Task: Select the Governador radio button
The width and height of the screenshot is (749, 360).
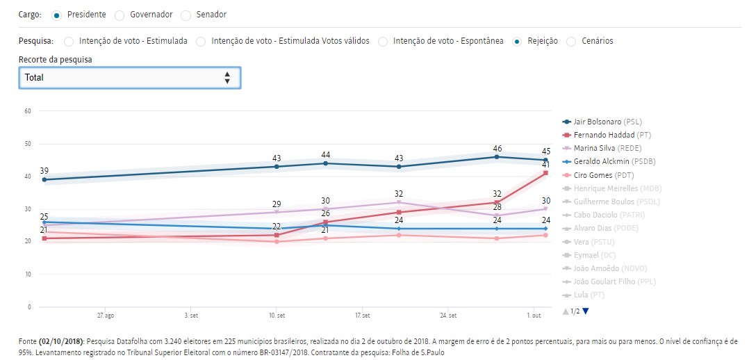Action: [x=120, y=15]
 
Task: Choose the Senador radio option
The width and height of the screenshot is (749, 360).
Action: [x=186, y=15]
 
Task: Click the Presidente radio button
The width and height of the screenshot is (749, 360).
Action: [x=56, y=15]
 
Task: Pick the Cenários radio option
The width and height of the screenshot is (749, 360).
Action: [x=571, y=41]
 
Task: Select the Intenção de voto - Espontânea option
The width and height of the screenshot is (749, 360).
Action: [x=384, y=41]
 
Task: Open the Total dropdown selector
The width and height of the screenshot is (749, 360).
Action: [x=129, y=78]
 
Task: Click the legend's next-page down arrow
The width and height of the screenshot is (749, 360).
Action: [x=586, y=311]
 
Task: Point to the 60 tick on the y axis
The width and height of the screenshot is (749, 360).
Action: [x=28, y=111]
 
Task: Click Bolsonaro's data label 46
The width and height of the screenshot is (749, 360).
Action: [x=497, y=148]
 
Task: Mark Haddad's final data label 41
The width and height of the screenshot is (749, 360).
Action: [x=546, y=164]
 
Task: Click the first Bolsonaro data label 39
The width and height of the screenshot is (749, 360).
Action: [x=44, y=171]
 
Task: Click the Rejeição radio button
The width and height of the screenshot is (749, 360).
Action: [x=517, y=41]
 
